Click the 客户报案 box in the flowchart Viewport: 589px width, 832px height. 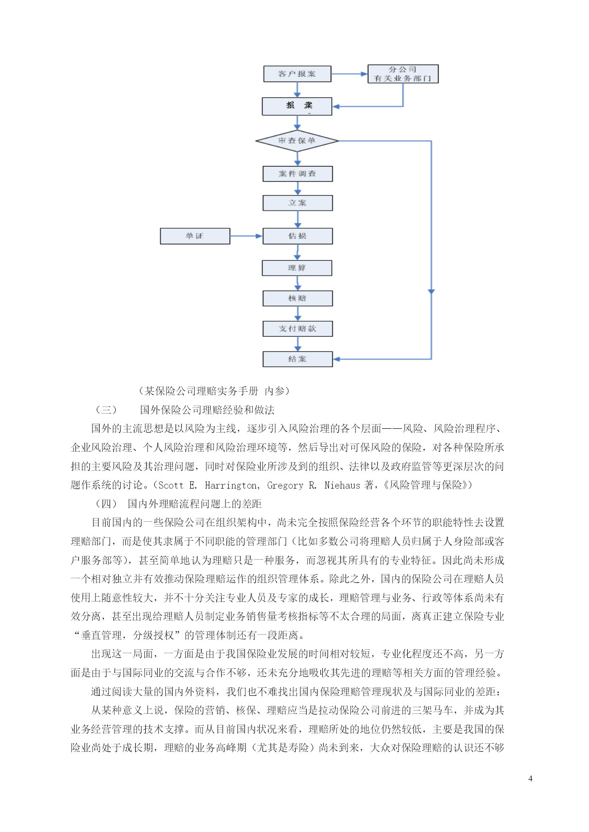[x=297, y=74]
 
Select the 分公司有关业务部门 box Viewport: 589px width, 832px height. [x=402, y=74]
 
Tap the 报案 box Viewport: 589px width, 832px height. [x=297, y=106]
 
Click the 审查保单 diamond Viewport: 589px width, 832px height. [x=297, y=141]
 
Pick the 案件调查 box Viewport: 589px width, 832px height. [x=298, y=174]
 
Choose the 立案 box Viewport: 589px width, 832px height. [x=298, y=203]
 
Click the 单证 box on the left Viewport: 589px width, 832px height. [x=195, y=236]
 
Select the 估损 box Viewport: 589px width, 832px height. [x=298, y=236]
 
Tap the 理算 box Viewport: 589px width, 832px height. [x=297, y=268]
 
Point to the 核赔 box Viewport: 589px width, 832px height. [x=298, y=298]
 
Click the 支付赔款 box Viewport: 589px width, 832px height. [x=298, y=329]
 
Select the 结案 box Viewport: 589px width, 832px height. [x=298, y=359]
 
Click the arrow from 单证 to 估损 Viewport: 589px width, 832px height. [x=246, y=236]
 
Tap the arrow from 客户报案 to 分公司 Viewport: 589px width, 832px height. [x=349, y=74]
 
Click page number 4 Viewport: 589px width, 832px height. [x=530, y=778]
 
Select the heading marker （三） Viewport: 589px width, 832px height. [x=106, y=410]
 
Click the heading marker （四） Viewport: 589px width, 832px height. [x=106, y=504]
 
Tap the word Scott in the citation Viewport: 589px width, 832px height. [x=171, y=485]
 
